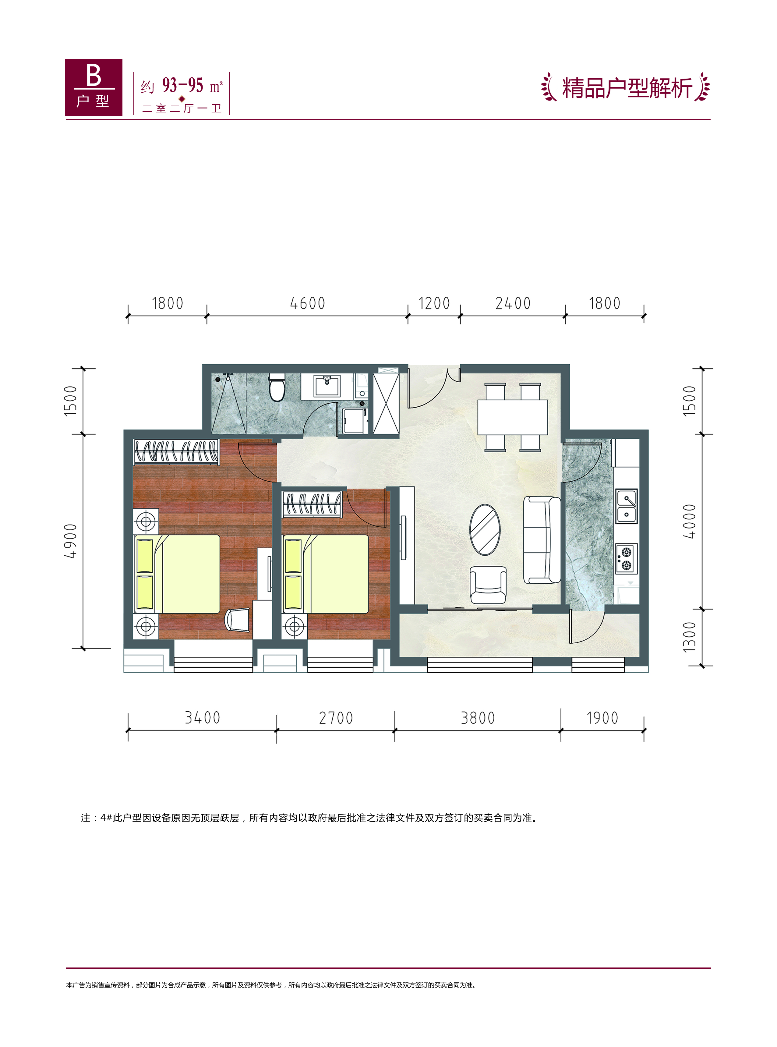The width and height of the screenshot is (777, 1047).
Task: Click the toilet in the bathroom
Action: coord(277,387)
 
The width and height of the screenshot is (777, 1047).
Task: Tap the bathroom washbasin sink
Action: coord(327,386)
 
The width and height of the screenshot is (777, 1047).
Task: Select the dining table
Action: coord(513,417)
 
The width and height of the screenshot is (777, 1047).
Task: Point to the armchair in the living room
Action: coord(488,585)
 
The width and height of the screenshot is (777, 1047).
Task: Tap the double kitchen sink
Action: coord(627,506)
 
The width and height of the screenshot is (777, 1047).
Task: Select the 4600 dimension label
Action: coord(308,303)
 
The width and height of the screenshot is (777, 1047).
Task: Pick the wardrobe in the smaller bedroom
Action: coord(311,504)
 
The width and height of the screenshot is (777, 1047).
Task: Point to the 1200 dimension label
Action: coord(434,303)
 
